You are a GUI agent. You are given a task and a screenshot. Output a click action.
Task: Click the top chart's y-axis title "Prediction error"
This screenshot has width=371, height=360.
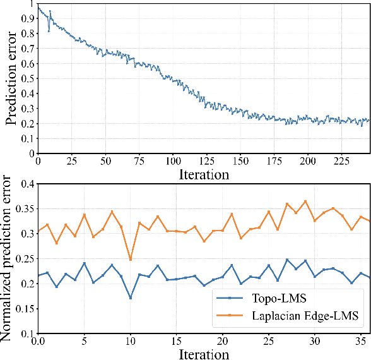[11, 77]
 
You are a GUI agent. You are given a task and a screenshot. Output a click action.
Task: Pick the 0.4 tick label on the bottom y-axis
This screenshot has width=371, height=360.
[25, 184]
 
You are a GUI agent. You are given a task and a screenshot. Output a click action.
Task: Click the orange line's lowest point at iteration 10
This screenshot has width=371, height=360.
[130, 260]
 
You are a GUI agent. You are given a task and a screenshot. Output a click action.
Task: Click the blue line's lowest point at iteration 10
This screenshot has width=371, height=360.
[130, 297]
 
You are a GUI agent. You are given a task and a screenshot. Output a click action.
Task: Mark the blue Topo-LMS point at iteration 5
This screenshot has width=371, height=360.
[84, 263]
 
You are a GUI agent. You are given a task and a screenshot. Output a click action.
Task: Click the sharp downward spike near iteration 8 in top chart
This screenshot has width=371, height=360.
[49, 31]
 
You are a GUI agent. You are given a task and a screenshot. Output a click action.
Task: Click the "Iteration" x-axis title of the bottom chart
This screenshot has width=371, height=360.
[203, 353]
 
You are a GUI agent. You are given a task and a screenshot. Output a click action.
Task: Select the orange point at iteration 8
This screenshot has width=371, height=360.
[112, 212]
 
